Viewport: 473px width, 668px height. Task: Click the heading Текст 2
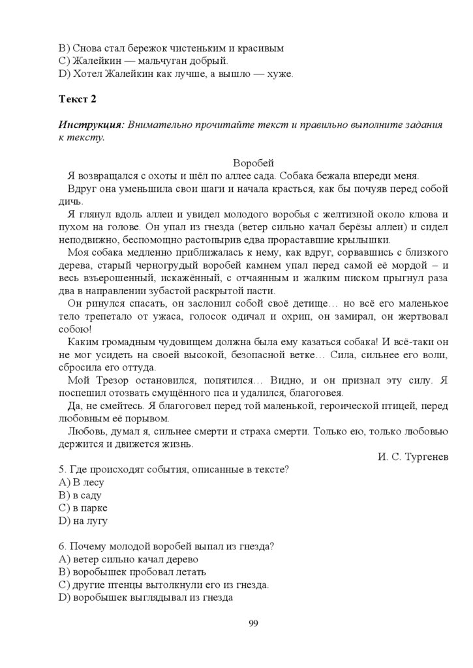[x=77, y=99]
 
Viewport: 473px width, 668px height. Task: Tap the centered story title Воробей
[x=253, y=162]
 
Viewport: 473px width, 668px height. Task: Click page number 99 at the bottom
[x=253, y=624]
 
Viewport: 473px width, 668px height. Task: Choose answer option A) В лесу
[x=81, y=482]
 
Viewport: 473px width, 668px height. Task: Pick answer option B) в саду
[x=80, y=495]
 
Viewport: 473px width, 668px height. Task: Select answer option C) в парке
[x=83, y=508]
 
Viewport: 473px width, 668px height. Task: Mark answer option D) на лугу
[x=83, y=521]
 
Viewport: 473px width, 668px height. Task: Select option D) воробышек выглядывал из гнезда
[x=145, y=597]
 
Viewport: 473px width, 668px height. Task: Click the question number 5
[x=61, y=469]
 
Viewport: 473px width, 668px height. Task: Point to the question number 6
[x=61, y=546]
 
